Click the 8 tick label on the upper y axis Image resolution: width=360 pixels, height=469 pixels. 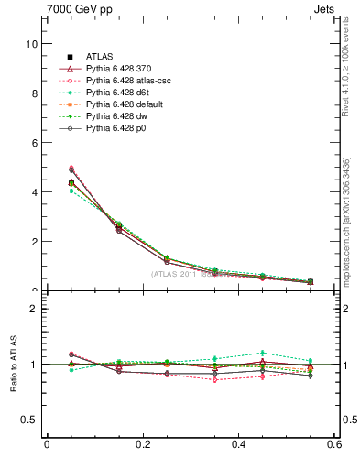33,93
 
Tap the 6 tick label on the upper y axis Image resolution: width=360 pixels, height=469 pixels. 33,143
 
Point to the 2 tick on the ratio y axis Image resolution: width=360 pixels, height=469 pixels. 33,309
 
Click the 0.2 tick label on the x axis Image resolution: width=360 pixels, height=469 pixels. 142,445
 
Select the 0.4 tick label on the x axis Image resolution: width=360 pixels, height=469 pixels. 238,445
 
